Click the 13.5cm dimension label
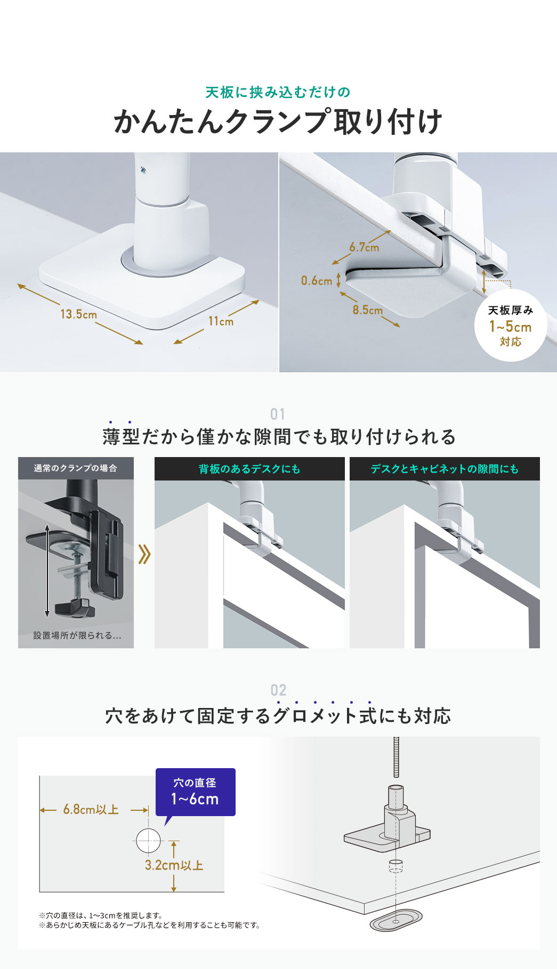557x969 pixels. pos(78,314)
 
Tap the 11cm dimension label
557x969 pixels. pos(221,321)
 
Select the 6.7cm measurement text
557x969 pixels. pos(364,247)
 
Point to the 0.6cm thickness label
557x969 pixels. pos(317,281)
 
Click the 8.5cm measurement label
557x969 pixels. pos(367,310)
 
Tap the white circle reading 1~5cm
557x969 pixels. pos(510,325)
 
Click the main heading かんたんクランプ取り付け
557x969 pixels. pos(278,121)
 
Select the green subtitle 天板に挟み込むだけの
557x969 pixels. pos(278,92)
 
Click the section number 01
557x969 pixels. pos(278,414)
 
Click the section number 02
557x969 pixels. pos(278,690)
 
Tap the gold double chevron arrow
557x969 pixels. pos(144,554)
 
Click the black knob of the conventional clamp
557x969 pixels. pos(74,606)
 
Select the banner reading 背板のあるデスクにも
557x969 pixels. pos(249,469)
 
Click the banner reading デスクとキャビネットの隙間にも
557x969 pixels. pos(445,469)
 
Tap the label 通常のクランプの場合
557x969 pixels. pos(76,468)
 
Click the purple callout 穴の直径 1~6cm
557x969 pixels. pos(195,792)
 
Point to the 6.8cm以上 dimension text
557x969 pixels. pos(91,810)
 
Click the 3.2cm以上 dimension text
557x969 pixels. pos(174,865)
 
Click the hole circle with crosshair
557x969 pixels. pos(148,841)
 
